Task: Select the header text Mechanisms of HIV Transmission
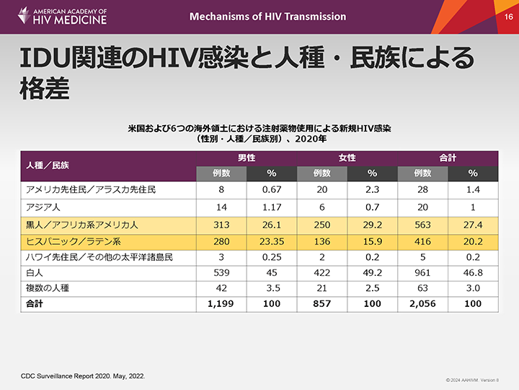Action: [267, 17]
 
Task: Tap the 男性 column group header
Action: [246, 157]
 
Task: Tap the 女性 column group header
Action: [347, 157]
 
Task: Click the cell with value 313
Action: [221, 223]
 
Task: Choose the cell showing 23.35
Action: [272, 240]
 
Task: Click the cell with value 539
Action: [221, 273]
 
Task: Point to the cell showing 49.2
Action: [372, 273]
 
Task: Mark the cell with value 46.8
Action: [473, 273]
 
